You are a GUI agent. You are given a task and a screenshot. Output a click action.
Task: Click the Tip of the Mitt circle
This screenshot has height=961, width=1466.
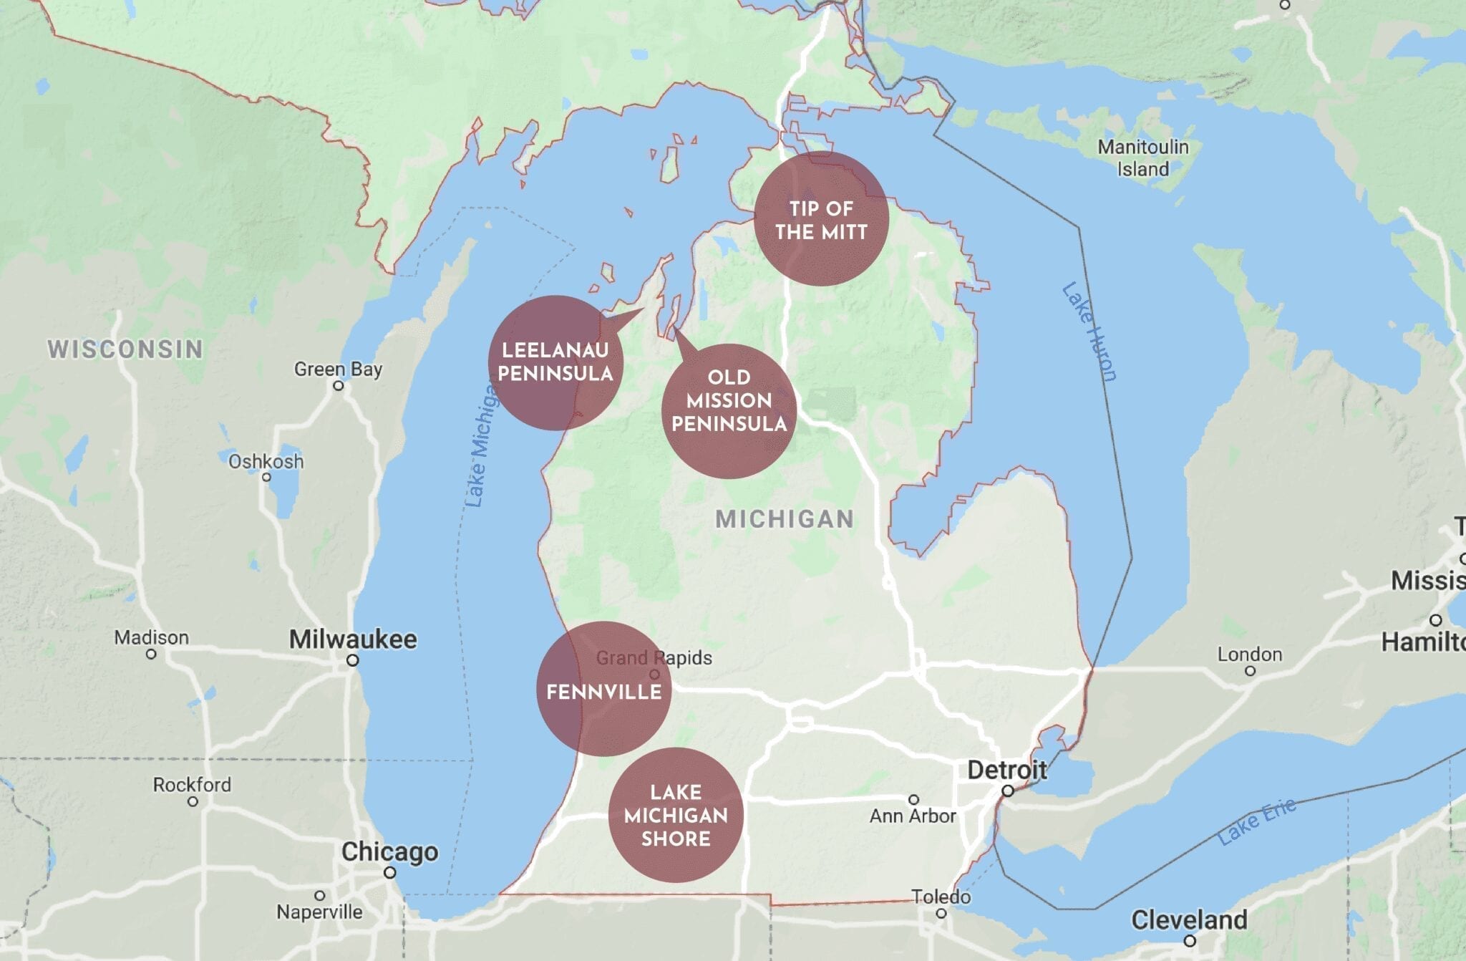(821, 219)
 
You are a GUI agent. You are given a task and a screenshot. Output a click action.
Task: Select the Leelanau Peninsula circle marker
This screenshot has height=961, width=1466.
(555, 362)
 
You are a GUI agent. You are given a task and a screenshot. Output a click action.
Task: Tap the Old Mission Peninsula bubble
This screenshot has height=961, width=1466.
(729, 410)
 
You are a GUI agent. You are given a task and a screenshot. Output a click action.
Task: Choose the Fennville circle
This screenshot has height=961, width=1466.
(603, 689)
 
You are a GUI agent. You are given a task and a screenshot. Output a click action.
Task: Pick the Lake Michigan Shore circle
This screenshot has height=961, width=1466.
(675, 815)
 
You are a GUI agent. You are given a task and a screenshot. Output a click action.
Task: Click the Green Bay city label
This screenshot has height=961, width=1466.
(338, 370)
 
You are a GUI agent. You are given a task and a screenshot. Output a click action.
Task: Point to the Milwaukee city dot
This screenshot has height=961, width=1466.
(352, 660)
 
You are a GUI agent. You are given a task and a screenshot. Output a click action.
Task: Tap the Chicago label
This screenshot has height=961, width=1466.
(389, 852)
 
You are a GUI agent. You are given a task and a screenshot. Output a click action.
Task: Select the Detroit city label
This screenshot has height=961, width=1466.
(1006, 771)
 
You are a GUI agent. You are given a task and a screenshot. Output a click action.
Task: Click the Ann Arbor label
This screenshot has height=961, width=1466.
(913, 816)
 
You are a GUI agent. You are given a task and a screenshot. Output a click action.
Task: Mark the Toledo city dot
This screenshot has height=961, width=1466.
(941, 913)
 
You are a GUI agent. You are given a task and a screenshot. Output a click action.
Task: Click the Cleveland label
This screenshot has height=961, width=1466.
(1188, 919)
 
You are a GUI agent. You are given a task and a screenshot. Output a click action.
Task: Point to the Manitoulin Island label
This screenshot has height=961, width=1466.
(1143, 158)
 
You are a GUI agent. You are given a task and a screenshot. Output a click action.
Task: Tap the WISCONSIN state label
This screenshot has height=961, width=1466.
(125, 349)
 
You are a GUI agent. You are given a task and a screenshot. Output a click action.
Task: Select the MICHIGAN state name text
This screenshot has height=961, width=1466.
(785, 519)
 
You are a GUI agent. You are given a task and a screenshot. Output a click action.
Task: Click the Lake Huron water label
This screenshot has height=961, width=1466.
(1089, 332)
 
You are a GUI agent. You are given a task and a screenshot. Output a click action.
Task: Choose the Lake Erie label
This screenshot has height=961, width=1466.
(1257, 821)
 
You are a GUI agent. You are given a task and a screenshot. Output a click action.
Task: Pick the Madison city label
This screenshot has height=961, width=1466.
(151, 637)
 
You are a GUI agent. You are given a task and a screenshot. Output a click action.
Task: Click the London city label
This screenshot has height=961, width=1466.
(1249, 655)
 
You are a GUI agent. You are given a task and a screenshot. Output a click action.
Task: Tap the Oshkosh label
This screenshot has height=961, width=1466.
(266, 461)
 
